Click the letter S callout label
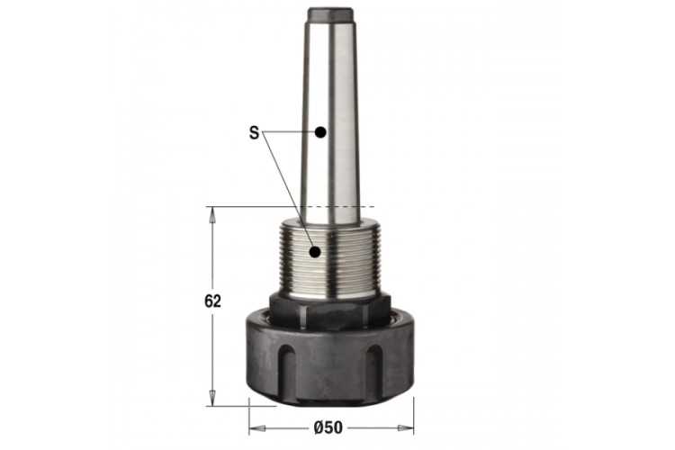pos(254,132)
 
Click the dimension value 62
pos(212,301)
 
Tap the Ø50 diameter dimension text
pos(328,427)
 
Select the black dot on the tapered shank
pos(319,132)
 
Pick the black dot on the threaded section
pos(316,252)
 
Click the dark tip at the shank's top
pos(330,14)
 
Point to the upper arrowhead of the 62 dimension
pos(212,215)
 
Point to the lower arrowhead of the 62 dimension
pos(212,398)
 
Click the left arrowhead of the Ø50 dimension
pos(257,428)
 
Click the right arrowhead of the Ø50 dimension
pos(406,428)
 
